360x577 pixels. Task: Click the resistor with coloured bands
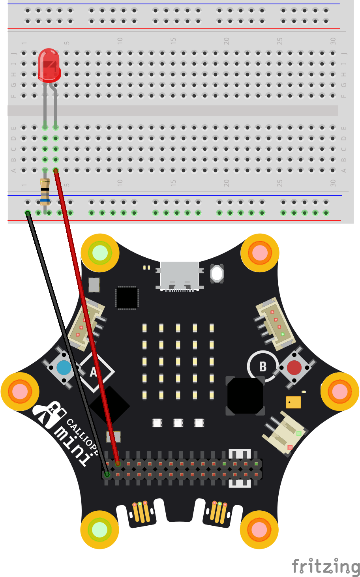[x=45, y=192]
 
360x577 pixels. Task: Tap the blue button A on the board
[x=64, y=367]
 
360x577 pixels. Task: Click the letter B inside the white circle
[x=263, y=367]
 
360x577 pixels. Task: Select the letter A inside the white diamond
[x=94, y=372]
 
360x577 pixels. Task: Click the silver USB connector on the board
[x=180, y=275]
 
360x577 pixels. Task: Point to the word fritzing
[x=326, y=567]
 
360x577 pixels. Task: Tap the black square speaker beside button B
[x=245, y=396]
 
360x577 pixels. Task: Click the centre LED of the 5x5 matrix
[x=178, y=361]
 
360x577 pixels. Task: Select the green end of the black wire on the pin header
[x=107, y=474]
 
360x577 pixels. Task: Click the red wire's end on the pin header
[x=118, y=464]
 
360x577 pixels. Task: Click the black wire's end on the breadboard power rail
[x=28, y=213]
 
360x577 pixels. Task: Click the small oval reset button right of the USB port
[x=217, y=273]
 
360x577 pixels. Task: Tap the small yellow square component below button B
[x=293, y=402]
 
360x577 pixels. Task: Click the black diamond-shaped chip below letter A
[x=109, y=406]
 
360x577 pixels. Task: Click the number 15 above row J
[x=173, y=41]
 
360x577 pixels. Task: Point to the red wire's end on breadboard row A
[x=56, y=170]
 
